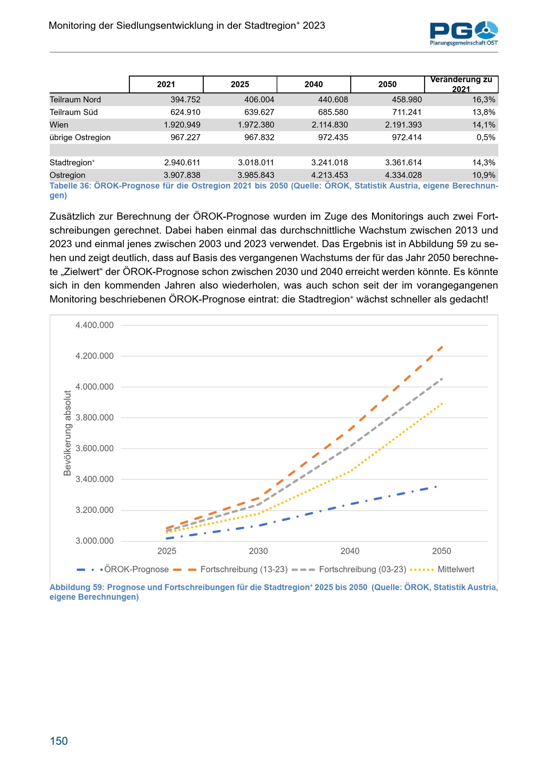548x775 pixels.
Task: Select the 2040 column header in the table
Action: point(313,84)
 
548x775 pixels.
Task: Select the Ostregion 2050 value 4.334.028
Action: point(403,175)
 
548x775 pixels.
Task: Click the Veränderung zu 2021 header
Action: point(461,84)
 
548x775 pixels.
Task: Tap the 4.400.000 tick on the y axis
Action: point(95,325)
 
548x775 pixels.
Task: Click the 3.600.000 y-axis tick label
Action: point(95,448)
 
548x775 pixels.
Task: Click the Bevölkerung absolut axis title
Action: point(67,433)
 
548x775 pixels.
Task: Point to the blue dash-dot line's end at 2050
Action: point(436,487)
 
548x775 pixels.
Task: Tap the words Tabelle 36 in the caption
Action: point(69,186)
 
